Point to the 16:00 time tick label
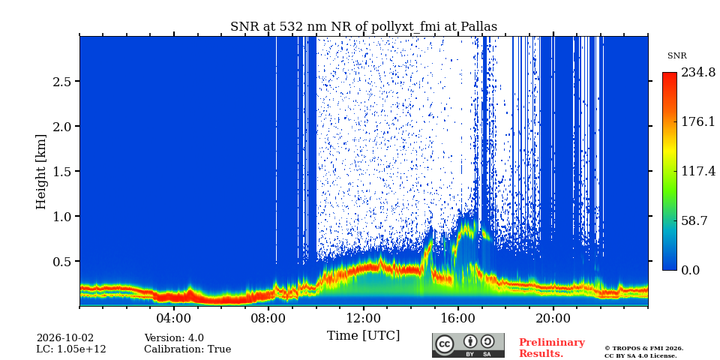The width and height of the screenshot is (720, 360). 459,318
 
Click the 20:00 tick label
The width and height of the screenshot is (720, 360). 553,318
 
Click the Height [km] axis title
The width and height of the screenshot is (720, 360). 41,172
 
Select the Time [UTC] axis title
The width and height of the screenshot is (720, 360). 363,336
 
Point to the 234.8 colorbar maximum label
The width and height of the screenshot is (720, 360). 697,73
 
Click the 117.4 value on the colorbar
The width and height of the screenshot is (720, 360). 697,171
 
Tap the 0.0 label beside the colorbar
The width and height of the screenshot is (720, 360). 690,270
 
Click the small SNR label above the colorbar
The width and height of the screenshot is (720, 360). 676,56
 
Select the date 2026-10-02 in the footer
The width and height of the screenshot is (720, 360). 65,338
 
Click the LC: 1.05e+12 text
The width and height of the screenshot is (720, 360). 71,349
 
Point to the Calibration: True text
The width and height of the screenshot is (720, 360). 187,349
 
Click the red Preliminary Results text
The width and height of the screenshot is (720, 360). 552,348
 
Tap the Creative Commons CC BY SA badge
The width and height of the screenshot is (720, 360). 468,345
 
